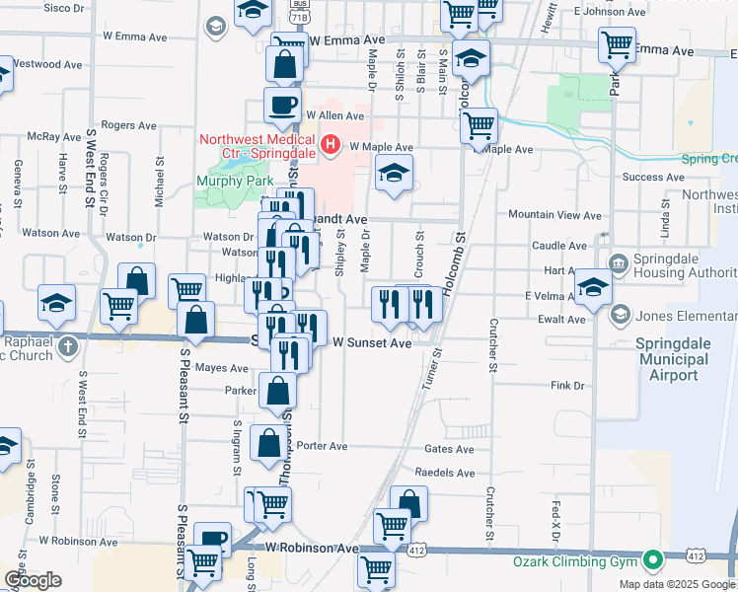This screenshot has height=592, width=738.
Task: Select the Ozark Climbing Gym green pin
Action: (x=651, y=562)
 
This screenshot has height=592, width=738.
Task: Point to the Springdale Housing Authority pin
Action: (x=618, y=263)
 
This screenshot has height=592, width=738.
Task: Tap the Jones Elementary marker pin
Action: (x=621, y=316)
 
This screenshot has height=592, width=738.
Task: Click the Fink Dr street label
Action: (x=568, y=385)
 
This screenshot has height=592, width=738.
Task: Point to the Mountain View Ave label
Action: (x=548, y=214)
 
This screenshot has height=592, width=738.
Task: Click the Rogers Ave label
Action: (x=129, y=125)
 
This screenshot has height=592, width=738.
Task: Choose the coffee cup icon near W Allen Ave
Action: (x=282, y=106)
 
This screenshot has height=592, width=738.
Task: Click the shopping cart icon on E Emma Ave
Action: (x=617, y=44)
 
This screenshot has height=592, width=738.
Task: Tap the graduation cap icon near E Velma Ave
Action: (x=593, y=286)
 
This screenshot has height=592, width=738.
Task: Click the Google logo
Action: (x=32, y=581)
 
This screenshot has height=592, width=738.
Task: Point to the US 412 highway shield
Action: (x=697, y=557)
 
